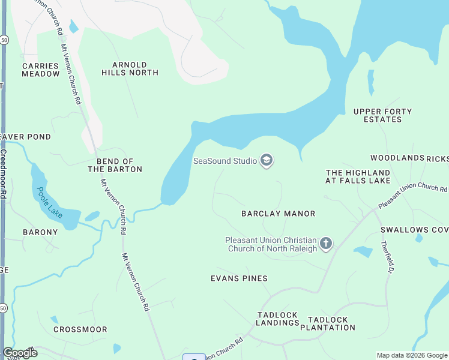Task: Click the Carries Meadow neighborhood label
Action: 41,70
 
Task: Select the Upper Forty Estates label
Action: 382,115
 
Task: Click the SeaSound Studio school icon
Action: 267,160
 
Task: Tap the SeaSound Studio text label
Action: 224,161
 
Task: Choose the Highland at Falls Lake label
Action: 358,176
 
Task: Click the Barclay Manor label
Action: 278,214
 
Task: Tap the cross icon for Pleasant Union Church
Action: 326,244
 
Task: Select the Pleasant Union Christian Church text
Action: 271,244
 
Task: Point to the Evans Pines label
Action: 239,278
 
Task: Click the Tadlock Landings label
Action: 278,319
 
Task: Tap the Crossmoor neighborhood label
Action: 80,329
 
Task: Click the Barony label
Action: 40,232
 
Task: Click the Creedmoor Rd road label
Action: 4,174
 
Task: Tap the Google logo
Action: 20,353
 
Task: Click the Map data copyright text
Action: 411,355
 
